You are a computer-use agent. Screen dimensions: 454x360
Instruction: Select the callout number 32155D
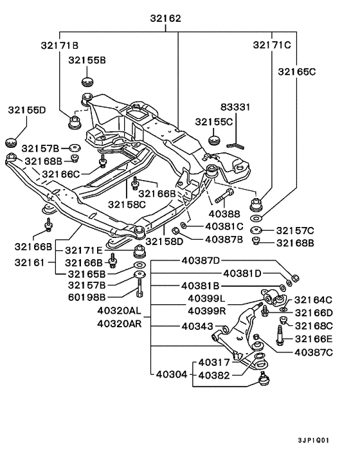[x=27, y=110]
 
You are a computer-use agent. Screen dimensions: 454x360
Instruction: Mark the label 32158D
[x=165, y=241]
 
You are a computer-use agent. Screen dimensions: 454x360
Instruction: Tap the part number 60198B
[x=87, y=296]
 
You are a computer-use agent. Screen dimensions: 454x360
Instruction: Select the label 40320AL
[x=119, y=310]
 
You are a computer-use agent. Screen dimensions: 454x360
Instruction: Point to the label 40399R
[x=207, y=311]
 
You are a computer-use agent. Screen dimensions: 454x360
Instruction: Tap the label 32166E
[x=314, y=339]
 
